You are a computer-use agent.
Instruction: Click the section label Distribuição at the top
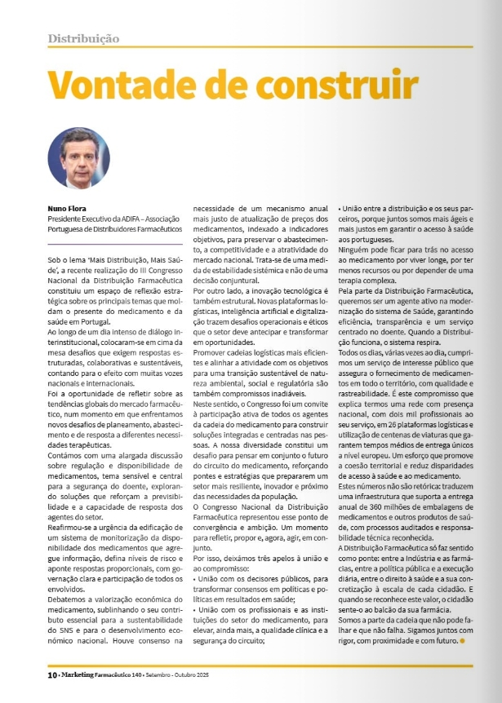(84, 38)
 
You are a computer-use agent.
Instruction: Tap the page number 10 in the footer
(51, 674)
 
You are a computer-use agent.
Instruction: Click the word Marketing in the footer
(86, 674)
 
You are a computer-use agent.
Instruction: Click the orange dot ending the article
(463, 641)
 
